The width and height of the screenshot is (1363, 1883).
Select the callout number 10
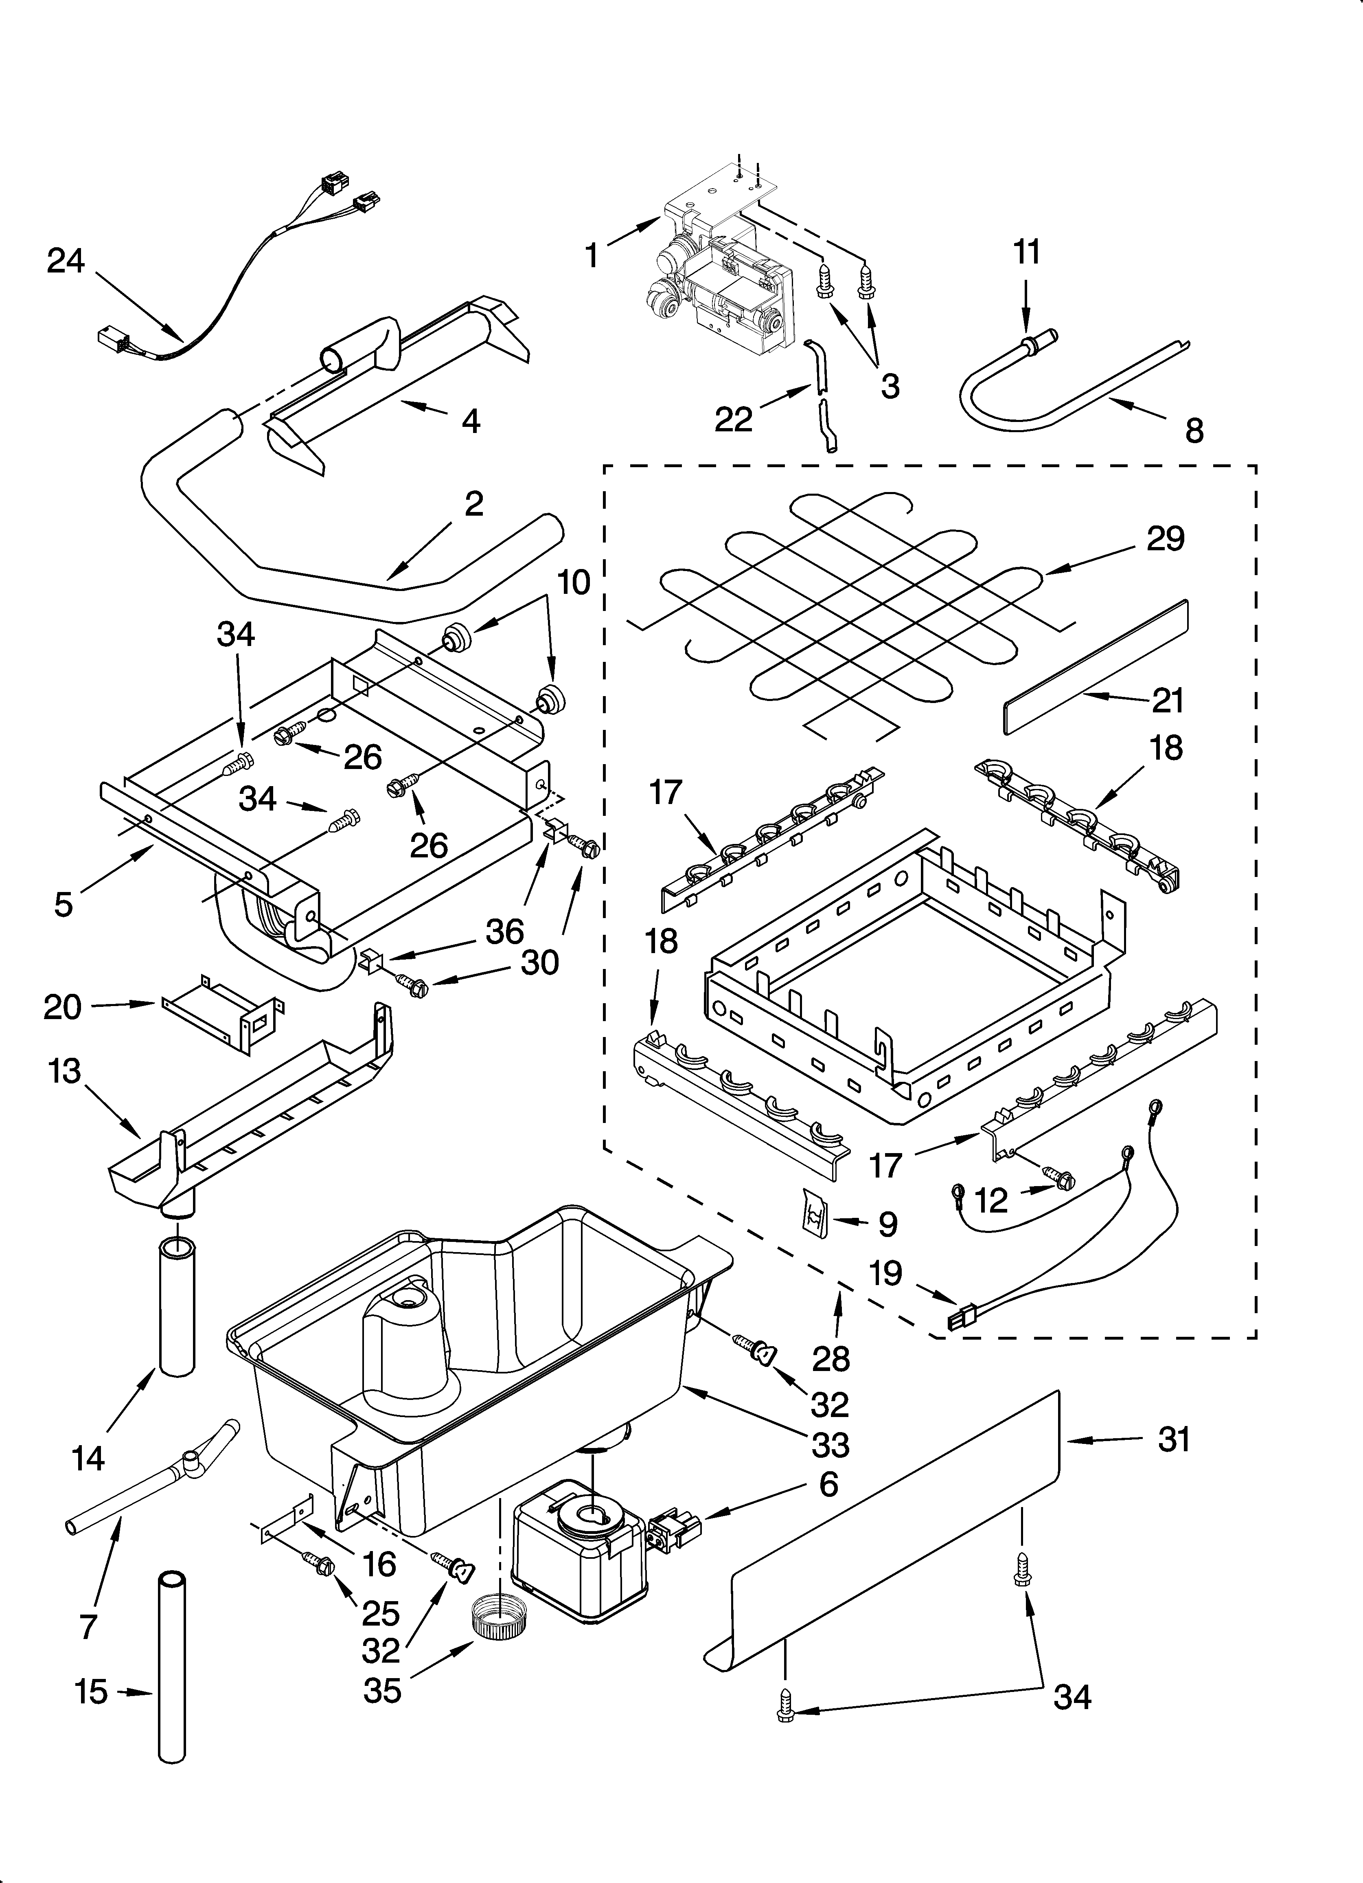click(x=574, y=582)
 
